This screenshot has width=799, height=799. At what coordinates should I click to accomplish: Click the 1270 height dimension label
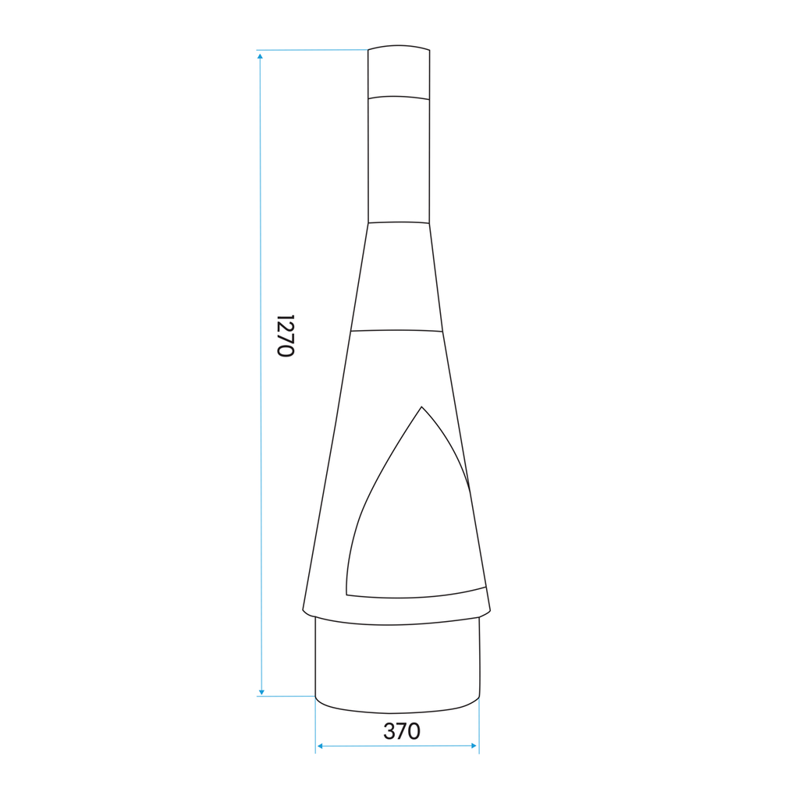point(286,336)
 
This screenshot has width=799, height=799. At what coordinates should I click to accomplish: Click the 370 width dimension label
point(401,732)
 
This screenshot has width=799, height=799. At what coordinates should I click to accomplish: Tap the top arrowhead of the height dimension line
point(260,55)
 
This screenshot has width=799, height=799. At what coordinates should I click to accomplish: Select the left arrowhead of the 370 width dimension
point(319,746)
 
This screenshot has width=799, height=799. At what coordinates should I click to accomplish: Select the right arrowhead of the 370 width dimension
point(473,746)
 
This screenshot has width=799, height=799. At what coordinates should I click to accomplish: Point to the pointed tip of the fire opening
point(421,407)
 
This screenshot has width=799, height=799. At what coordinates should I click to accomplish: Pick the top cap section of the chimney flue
point(399,72)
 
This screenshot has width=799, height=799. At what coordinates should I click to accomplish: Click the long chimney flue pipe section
point(398,160)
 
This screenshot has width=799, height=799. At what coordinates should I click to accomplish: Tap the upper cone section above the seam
point(398,277)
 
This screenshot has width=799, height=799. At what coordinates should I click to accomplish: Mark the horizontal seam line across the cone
point(397,330)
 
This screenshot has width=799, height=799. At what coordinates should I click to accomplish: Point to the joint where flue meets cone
point(398,222)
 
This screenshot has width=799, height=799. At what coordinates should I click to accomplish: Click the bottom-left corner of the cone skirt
point(304,608)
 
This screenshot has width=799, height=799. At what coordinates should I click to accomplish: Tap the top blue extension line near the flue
point(312,50)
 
